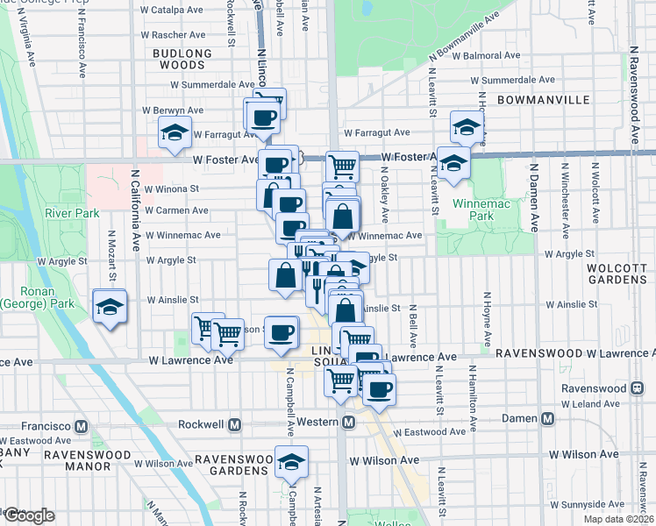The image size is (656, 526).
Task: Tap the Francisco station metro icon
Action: pos(81,425)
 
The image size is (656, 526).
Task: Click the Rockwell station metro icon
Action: pos(234,425)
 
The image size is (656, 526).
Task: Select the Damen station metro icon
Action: pos(547,418)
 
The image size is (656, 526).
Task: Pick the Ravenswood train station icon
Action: pos(638,387)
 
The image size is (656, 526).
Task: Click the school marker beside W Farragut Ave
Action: pos(175,132)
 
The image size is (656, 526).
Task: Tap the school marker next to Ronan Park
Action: pos(110,307)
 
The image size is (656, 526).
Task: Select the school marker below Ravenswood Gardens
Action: pos(291,462)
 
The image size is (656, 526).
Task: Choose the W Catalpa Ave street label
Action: pos(172,11)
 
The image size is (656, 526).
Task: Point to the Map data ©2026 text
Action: pos(617,518)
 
